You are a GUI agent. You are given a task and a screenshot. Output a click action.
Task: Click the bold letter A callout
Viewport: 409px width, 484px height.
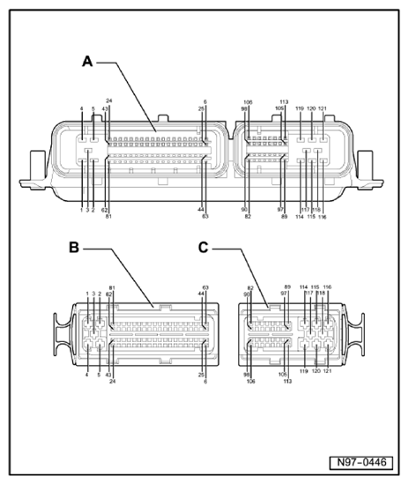click(x=87, y=61)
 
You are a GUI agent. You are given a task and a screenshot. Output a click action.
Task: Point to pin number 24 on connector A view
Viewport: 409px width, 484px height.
click(x=108, y=101)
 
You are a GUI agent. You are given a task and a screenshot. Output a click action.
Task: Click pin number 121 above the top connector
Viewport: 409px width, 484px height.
click(x=323, y=108)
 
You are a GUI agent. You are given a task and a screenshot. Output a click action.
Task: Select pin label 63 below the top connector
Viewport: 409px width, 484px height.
click(x=204, y=216)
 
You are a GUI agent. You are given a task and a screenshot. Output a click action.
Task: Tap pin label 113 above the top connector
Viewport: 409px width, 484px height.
click(x=284, y=101)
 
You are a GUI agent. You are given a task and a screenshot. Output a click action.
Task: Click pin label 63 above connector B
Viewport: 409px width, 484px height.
click(x=205, y=287)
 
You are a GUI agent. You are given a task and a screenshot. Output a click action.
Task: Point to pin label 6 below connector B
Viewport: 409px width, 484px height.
click(x=205, y=381)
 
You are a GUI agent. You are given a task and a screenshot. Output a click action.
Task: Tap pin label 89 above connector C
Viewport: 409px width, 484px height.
click(x=286, y=287)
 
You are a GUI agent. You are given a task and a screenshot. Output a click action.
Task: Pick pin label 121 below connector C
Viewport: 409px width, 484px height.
click(x=329, y=374)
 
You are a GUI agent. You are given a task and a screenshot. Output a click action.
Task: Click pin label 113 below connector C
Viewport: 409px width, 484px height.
click(x=286, y=381)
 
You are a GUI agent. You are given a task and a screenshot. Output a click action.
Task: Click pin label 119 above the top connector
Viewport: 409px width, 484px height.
click(x=300, y=108)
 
